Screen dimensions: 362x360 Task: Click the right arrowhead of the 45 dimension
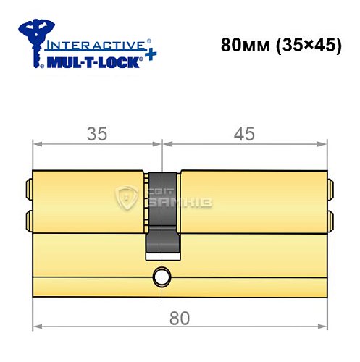point(323,142)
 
